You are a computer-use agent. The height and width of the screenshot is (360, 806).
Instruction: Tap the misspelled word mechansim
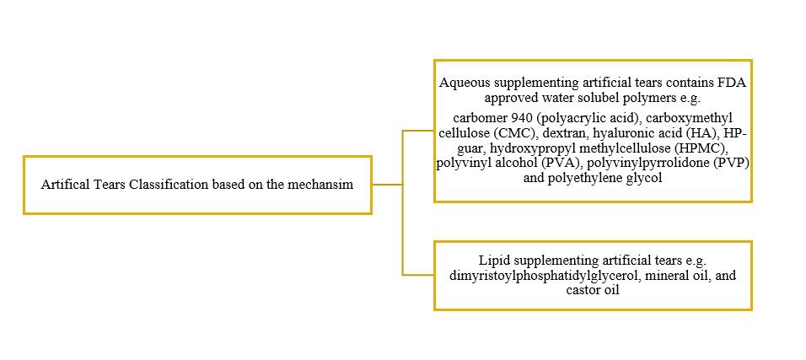click(326, 185)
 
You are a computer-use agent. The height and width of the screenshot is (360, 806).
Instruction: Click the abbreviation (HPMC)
click(707, 148)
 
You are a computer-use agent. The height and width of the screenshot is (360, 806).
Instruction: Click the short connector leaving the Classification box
click(387, 184)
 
